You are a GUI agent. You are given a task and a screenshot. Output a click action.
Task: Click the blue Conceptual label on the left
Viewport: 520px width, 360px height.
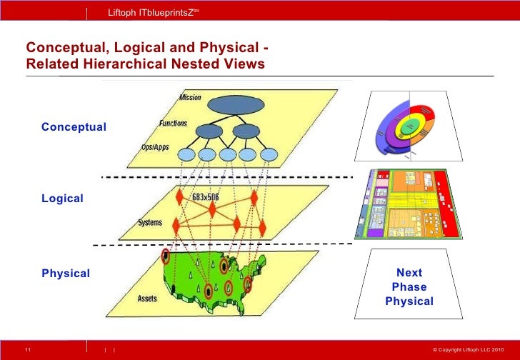[74, 127]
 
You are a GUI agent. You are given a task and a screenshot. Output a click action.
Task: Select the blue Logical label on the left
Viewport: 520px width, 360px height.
[62, 199]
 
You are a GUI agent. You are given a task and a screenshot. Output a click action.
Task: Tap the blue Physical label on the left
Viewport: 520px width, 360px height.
[66, 274]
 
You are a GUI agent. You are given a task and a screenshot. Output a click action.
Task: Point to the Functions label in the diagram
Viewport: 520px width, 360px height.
[173, 124]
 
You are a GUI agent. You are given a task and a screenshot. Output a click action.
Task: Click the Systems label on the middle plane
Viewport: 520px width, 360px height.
[149, 223]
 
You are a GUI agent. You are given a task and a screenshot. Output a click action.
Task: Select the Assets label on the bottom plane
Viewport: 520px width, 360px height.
[147, 299]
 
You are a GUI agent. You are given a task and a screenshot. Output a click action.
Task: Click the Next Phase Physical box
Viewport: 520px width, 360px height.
[409, 286]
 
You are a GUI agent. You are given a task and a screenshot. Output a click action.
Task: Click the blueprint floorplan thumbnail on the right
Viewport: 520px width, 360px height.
[406, 204]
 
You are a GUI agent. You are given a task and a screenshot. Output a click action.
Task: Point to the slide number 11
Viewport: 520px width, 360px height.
[27, 349]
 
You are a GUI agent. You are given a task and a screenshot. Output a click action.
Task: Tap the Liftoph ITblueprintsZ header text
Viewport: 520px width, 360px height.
[151, 13]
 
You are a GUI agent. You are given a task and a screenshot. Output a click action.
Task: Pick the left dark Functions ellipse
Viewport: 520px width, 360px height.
[209, 131]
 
